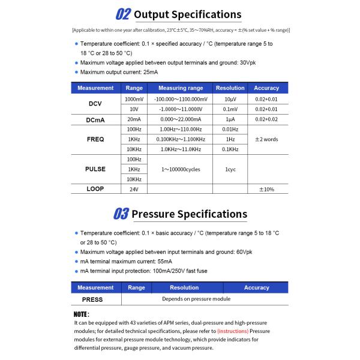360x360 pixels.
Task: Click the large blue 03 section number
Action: pyautogui.click(x=120, y=214)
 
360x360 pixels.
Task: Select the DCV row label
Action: pyautogui.click(x=95, y=104)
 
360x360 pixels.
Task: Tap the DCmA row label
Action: pyautogui.click(x=95, y=119)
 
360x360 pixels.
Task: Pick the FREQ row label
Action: pyautogui.click(x=95, y=139)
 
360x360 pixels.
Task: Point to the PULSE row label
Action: pyautogui.click(x=95, y=169)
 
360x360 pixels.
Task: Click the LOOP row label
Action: pyautogui.click(x=95, y=189)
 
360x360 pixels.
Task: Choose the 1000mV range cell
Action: pyautogui.click(x=134, y=99)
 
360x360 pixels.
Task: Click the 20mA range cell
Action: pyautogui.click(x=134, y=119)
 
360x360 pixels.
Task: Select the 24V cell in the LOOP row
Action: pyautogui.click(x=134, y=189)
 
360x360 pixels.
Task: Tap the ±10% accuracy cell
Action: pyautogui.click(x=266, y=189)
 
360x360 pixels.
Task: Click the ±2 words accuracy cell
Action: pyautogui.click(x=266, y=139)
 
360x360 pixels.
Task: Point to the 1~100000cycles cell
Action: pyautogui.click(x=181, y=169)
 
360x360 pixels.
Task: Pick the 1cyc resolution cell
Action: pyautogui.click(x=230, y=169)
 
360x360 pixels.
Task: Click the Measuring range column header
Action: pyautogui.click(x=181, y=88)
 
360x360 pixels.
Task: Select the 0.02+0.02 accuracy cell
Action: pyautogui.click(x=266, y=119)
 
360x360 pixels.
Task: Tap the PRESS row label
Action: pyautogui.click(x=92, y=299)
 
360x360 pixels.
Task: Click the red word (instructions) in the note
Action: pyautogui.click(x=233, y=331)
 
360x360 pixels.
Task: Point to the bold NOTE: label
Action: pyautogui.click(x=81, y=314)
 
